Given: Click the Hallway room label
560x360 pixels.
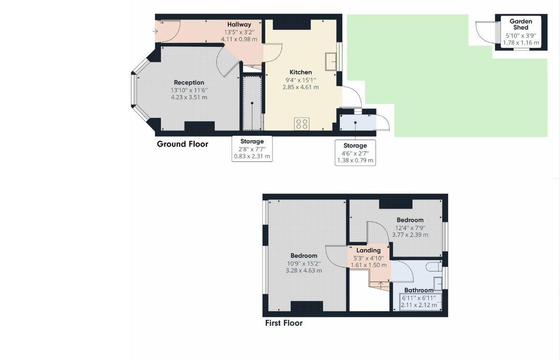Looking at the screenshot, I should coord(239,25).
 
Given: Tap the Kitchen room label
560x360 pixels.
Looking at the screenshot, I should coord(300,72).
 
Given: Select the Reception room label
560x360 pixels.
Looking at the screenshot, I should coord(189,83).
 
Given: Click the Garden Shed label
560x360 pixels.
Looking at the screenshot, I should coord(521,24).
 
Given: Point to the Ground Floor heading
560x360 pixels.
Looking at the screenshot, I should coord(182,144).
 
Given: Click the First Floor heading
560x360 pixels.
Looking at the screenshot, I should coord(283,323).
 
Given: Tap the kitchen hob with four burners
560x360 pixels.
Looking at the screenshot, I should coord(302,124).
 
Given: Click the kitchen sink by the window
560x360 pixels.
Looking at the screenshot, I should coord(331,62).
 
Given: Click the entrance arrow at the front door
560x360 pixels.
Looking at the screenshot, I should coord(155,32).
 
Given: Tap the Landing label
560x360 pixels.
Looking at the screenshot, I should coord(368,250).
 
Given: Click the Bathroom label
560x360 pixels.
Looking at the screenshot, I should coord(419,290).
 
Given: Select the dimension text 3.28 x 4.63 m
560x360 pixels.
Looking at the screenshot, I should coord(304,271).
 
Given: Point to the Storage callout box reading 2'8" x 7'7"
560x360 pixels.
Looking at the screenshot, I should coord(252,149).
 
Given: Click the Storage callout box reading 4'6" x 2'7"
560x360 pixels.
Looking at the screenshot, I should coord(355,153).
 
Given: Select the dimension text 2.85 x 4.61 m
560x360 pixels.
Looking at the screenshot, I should coord(300,87).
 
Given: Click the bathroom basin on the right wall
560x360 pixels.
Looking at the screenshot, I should coord(439,283).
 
